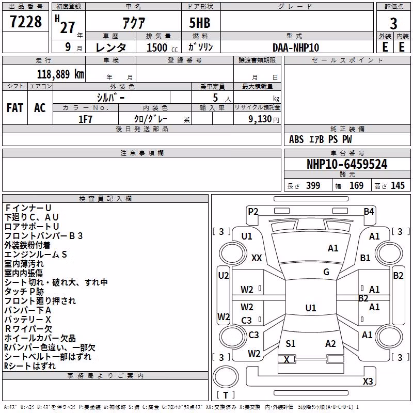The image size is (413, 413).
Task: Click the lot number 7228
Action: point(26,22)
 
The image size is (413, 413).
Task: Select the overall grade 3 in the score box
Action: point(393,24)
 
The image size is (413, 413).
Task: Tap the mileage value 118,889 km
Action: point(60,74)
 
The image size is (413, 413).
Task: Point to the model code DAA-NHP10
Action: point(296,47)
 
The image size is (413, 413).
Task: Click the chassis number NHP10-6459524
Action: point(347,164)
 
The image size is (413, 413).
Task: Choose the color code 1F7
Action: point(85,119)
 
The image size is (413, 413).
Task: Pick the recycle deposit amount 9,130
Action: point(260,119)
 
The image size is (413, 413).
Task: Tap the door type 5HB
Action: point(200,23)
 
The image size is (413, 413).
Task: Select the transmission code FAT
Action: point(15,108)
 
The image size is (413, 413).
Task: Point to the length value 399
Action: point(313,185)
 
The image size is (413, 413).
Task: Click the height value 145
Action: point(398,185)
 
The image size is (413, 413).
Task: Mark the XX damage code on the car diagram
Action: point(257,258)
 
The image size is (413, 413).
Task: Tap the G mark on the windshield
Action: point(326,272)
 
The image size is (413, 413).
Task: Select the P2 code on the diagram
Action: point(253,212)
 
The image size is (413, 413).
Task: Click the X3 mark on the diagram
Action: point(368,381)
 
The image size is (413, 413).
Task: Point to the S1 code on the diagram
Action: point(290,343)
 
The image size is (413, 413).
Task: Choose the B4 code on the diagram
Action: point(369,212)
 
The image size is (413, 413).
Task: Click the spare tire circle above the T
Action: point(226,377)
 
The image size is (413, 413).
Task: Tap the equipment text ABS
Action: point(296,139)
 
